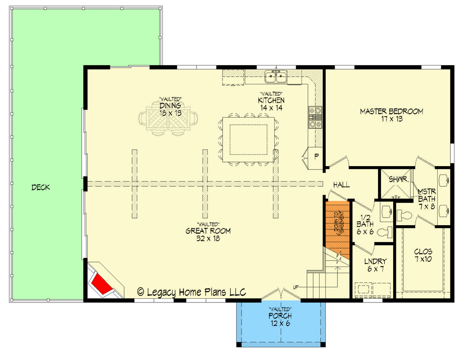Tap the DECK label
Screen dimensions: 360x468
click(x=41, y=188)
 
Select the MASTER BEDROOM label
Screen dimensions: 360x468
click(x=391, y=111)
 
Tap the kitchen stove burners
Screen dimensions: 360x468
click(x=314, y=117)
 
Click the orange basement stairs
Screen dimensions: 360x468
click(x=337, y=225)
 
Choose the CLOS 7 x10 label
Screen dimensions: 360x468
click(x=423, y=254)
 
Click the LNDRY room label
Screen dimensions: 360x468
click(x=375, y=262)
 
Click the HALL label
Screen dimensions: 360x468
click(x=341, y=185)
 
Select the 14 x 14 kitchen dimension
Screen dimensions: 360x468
click(x=271, y=107)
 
